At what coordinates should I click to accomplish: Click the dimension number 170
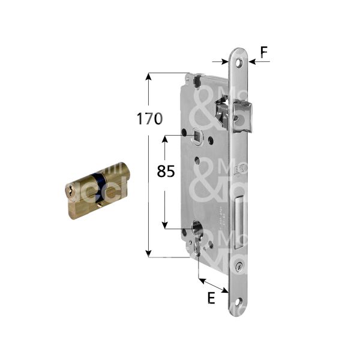click(149, 119)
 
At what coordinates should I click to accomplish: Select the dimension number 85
click(166, 172)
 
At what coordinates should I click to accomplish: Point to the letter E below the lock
click(211, 298)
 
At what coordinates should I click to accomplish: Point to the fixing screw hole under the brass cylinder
click(98, 208)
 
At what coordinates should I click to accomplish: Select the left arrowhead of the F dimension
click(226, 61)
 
